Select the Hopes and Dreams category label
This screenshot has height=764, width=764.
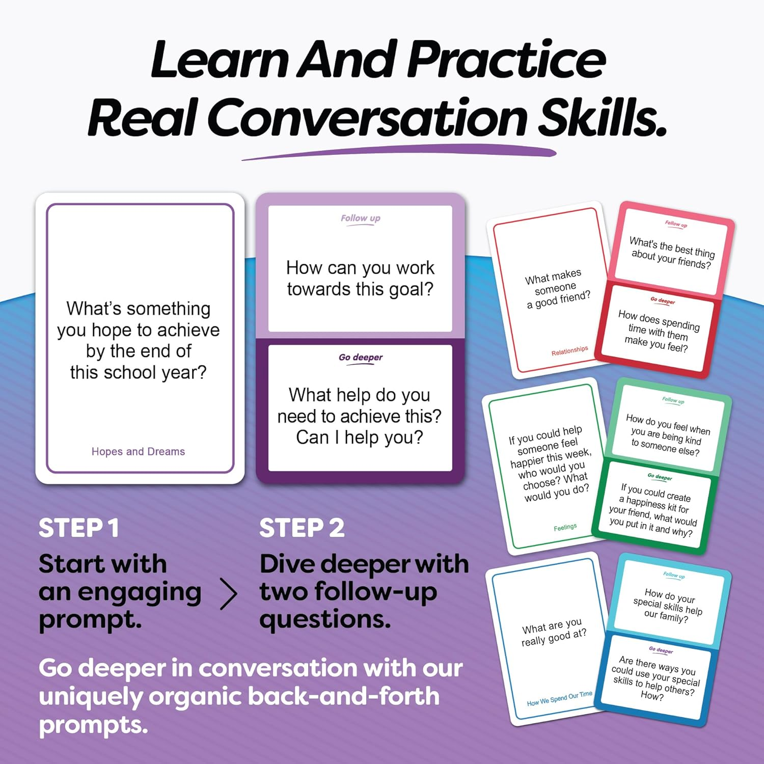(x=138, y=452)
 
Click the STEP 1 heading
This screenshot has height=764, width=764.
(x=79, y=528)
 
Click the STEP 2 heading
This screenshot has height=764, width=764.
(x=302, y=528)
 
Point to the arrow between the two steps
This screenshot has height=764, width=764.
(x=229, y=594)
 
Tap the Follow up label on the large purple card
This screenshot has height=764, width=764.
(x=361, y=219)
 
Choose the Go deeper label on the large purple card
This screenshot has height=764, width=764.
(x=361, y=358)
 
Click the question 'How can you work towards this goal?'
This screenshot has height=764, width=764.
(x=360, y=278)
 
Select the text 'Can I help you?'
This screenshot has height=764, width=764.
(x=360, y=438)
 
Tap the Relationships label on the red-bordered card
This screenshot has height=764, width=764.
(x=569, y=351)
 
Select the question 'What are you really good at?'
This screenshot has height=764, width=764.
(x=554, y=632)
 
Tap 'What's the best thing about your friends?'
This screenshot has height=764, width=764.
(x=672, y=252)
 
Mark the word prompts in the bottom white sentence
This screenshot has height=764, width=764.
(x=93, y=725)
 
